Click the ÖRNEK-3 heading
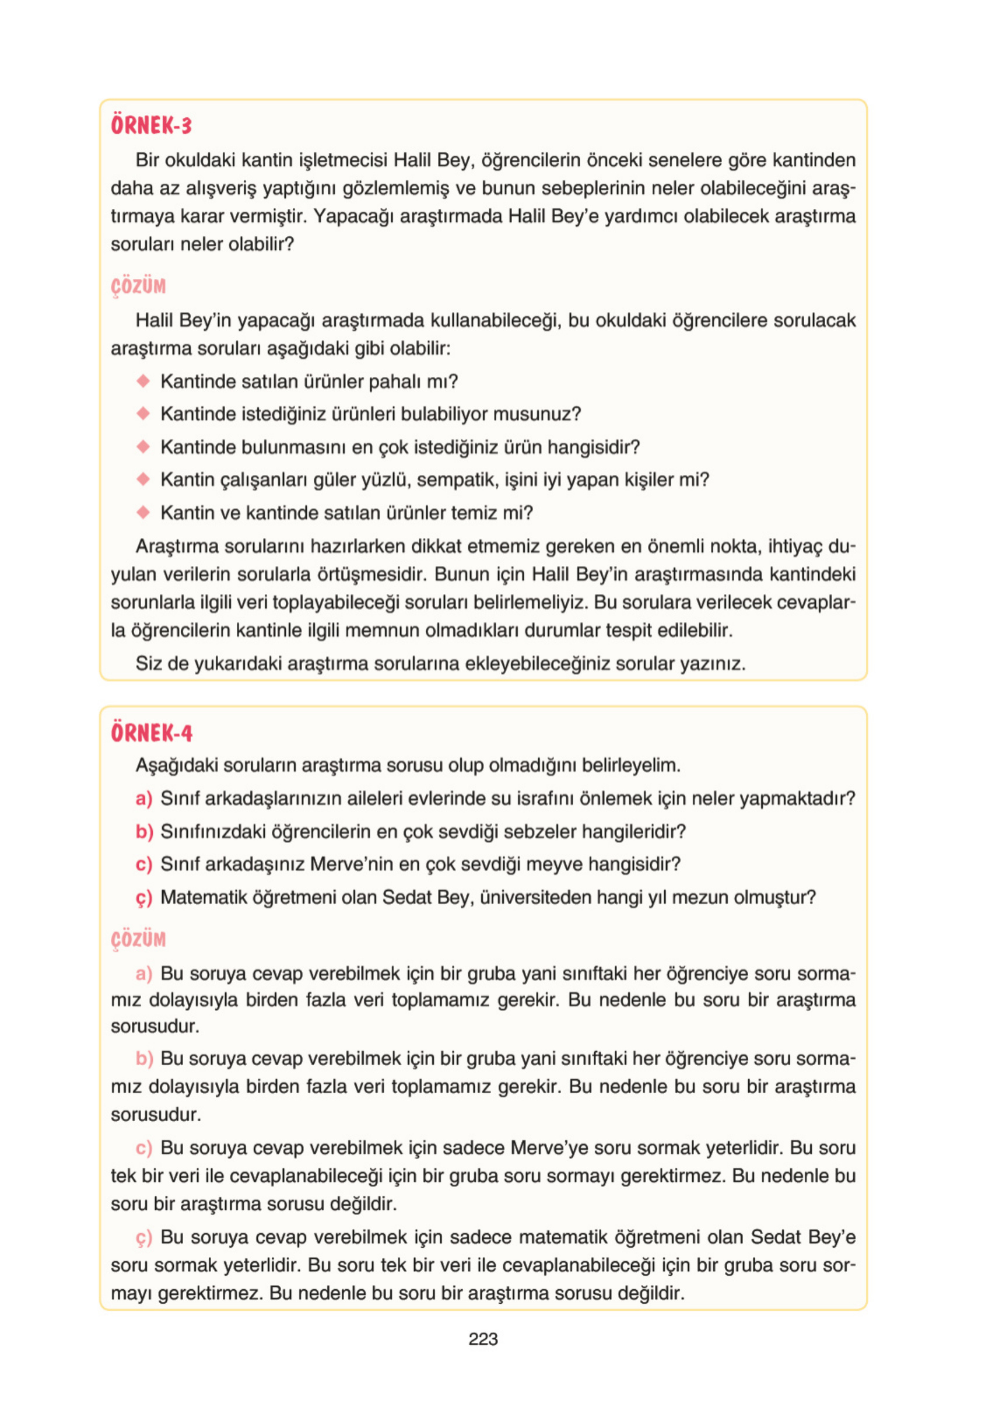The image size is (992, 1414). point(151,125)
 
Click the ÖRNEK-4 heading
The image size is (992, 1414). point(152,733)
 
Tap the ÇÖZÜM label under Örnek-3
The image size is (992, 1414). point(138,286)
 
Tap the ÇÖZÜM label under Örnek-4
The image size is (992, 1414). point(138,939)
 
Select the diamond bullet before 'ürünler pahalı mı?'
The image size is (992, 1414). point(143,381)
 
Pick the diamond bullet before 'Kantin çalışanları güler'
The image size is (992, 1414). point(143,478)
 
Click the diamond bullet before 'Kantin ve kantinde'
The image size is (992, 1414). point(143,512)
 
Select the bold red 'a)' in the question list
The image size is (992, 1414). point(143,799)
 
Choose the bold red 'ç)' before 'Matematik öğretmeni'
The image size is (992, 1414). point(143,898)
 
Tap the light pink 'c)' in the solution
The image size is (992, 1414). point(143,1148)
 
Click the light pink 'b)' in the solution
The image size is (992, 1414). point(143,1058)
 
